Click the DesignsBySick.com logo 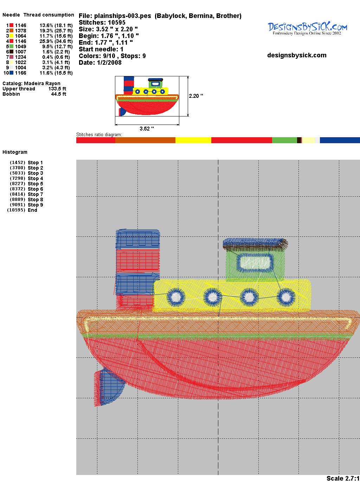click(x=307, y=28)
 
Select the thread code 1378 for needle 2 click(x=21, y=31)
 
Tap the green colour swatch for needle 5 click(x=11, y=46)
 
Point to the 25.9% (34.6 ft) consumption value click(x=56, y=41)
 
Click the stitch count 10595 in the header click(x=117, y=23)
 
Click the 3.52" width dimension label click(x=147, y=129)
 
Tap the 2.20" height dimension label click(x=196, y=96)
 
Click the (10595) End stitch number click(x=16, y=210)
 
